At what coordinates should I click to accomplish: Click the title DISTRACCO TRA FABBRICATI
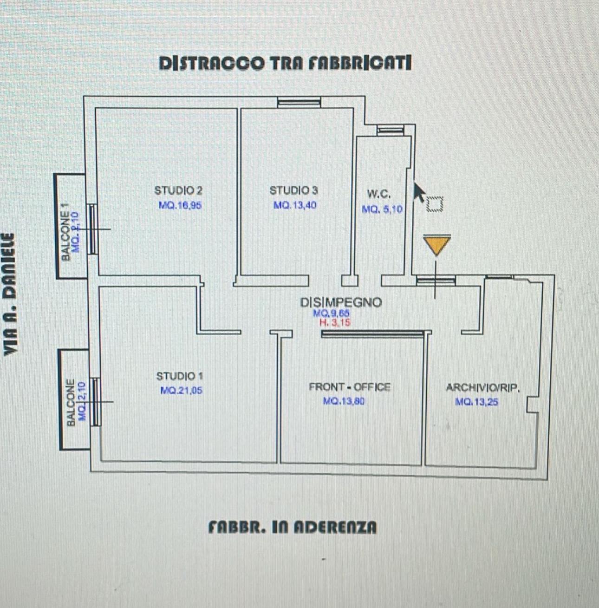[x=285, y=63]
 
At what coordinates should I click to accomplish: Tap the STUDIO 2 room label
[x=178, y=190]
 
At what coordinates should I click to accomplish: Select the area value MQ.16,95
[x=180, y=205]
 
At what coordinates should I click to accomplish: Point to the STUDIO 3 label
[x=293, y=190]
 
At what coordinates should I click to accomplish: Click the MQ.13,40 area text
[x=295, y=205]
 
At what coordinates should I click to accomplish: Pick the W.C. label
[x=378, y=194]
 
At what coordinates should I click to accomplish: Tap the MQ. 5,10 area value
[x=382, y=209]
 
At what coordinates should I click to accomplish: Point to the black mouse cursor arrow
[x=419, y=192]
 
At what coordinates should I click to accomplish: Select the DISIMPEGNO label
[x=341, y=302]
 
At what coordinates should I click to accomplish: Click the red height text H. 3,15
[x=335, y=322]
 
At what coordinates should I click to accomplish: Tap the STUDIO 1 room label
[x=179, y=376]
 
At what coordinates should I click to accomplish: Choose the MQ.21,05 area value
[x=181, y=390]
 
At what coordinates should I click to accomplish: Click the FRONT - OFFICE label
[x=350, y=387]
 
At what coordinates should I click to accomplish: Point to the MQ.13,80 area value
[x=344, y=401]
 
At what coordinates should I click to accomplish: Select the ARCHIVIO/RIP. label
[x=482, y=388]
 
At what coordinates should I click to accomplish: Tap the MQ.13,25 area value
[x=476, y=402]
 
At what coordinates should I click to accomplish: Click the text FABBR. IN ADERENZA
[x=293, y=527]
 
